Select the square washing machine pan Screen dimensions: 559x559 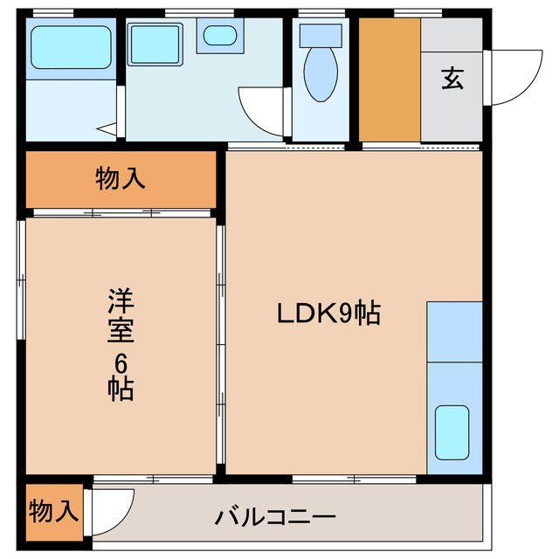point(155,42)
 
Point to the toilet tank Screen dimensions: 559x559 point(321,35)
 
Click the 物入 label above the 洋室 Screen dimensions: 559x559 point(120,179)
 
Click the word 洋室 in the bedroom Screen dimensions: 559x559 point(120,319)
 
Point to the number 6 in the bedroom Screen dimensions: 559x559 point(121,362)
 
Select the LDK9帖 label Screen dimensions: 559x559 point(328,314)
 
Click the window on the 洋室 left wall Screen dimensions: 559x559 point(21,279)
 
